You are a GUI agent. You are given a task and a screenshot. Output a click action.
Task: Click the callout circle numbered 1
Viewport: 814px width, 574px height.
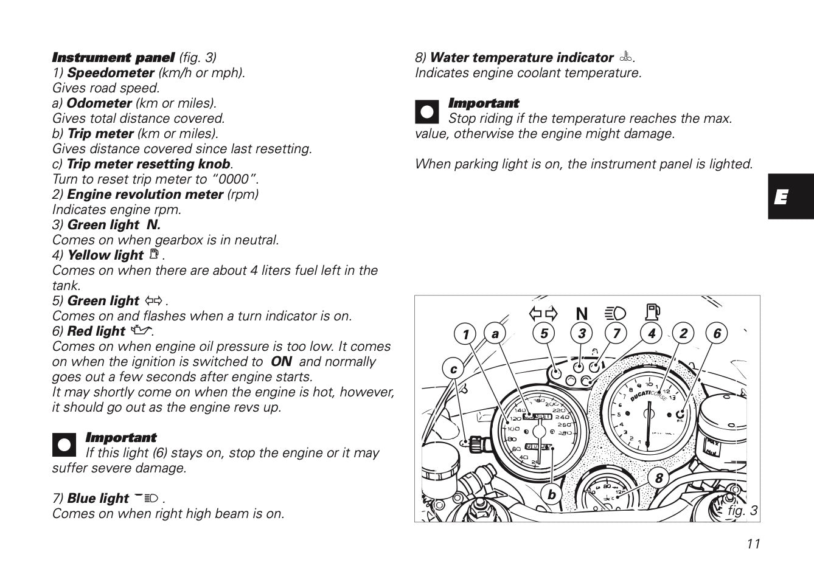click(x=465, y=334)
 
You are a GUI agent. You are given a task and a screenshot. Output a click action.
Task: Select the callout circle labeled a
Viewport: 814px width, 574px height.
click(x=496, y=334)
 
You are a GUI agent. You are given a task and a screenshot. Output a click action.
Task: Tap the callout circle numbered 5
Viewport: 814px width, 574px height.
click(x=544, y=333)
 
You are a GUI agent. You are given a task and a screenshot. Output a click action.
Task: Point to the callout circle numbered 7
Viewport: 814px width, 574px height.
click(x=616, y=333)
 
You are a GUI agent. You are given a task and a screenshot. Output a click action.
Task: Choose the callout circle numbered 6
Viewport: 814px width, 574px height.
click(x=717, y=333)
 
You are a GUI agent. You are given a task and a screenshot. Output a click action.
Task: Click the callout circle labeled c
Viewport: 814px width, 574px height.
click(x=453, y=369)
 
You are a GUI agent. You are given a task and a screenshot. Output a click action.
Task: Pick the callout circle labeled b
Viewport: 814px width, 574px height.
click(x=551, y=494)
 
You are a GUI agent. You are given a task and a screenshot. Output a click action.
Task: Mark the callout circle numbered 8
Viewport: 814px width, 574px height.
click(x=658, y=478)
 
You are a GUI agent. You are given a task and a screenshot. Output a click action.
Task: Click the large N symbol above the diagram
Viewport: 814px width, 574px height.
click(x=582, y=314)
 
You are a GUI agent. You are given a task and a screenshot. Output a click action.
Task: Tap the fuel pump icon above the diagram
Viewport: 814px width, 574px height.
click(x=652, y=313)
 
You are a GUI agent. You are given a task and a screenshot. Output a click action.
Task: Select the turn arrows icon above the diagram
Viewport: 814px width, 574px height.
click(x=543, y=314)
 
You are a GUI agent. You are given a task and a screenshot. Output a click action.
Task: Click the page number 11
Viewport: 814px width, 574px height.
click(x=753, y=544)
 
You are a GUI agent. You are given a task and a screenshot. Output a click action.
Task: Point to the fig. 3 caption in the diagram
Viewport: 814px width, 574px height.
click(x=742, y=511)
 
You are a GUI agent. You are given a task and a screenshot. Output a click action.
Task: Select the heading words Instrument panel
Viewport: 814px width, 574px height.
click(x=114, y=58)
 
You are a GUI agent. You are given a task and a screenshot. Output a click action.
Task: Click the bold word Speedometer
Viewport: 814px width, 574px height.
click(x=111, y=73)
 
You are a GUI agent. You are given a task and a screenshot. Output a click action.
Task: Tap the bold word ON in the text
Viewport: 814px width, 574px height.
click(x=281, y=362)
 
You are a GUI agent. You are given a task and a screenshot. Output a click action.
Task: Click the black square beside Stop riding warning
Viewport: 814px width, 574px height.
click(x=426, y=112)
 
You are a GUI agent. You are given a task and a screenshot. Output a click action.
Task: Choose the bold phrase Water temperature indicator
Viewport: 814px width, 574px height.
click(x=521, y=58)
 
